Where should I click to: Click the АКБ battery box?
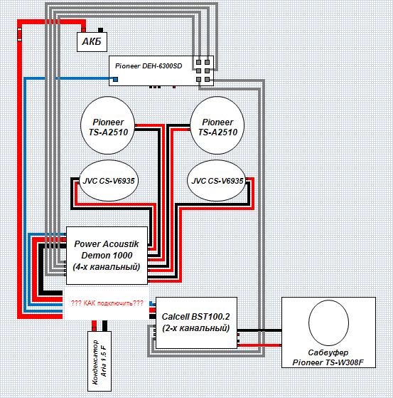92,42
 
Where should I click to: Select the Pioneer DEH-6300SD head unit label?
149,66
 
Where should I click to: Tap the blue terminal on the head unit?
115,80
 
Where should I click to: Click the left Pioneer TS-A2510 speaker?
107,125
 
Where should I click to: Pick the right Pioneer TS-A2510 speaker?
217,125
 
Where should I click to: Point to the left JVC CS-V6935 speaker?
109,181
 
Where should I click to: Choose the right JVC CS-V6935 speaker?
217,181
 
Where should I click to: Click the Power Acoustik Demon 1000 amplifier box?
107,256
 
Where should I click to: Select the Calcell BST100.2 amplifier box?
196,323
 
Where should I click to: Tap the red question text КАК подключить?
107,303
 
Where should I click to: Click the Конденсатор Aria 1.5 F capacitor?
99,361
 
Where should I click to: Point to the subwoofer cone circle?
328,323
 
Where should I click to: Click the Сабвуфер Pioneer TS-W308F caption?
328,357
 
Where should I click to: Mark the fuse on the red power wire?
19,34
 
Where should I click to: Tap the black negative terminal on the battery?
100,30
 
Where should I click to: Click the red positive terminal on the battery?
83,30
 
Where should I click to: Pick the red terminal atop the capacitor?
94,326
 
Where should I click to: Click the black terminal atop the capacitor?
104,326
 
